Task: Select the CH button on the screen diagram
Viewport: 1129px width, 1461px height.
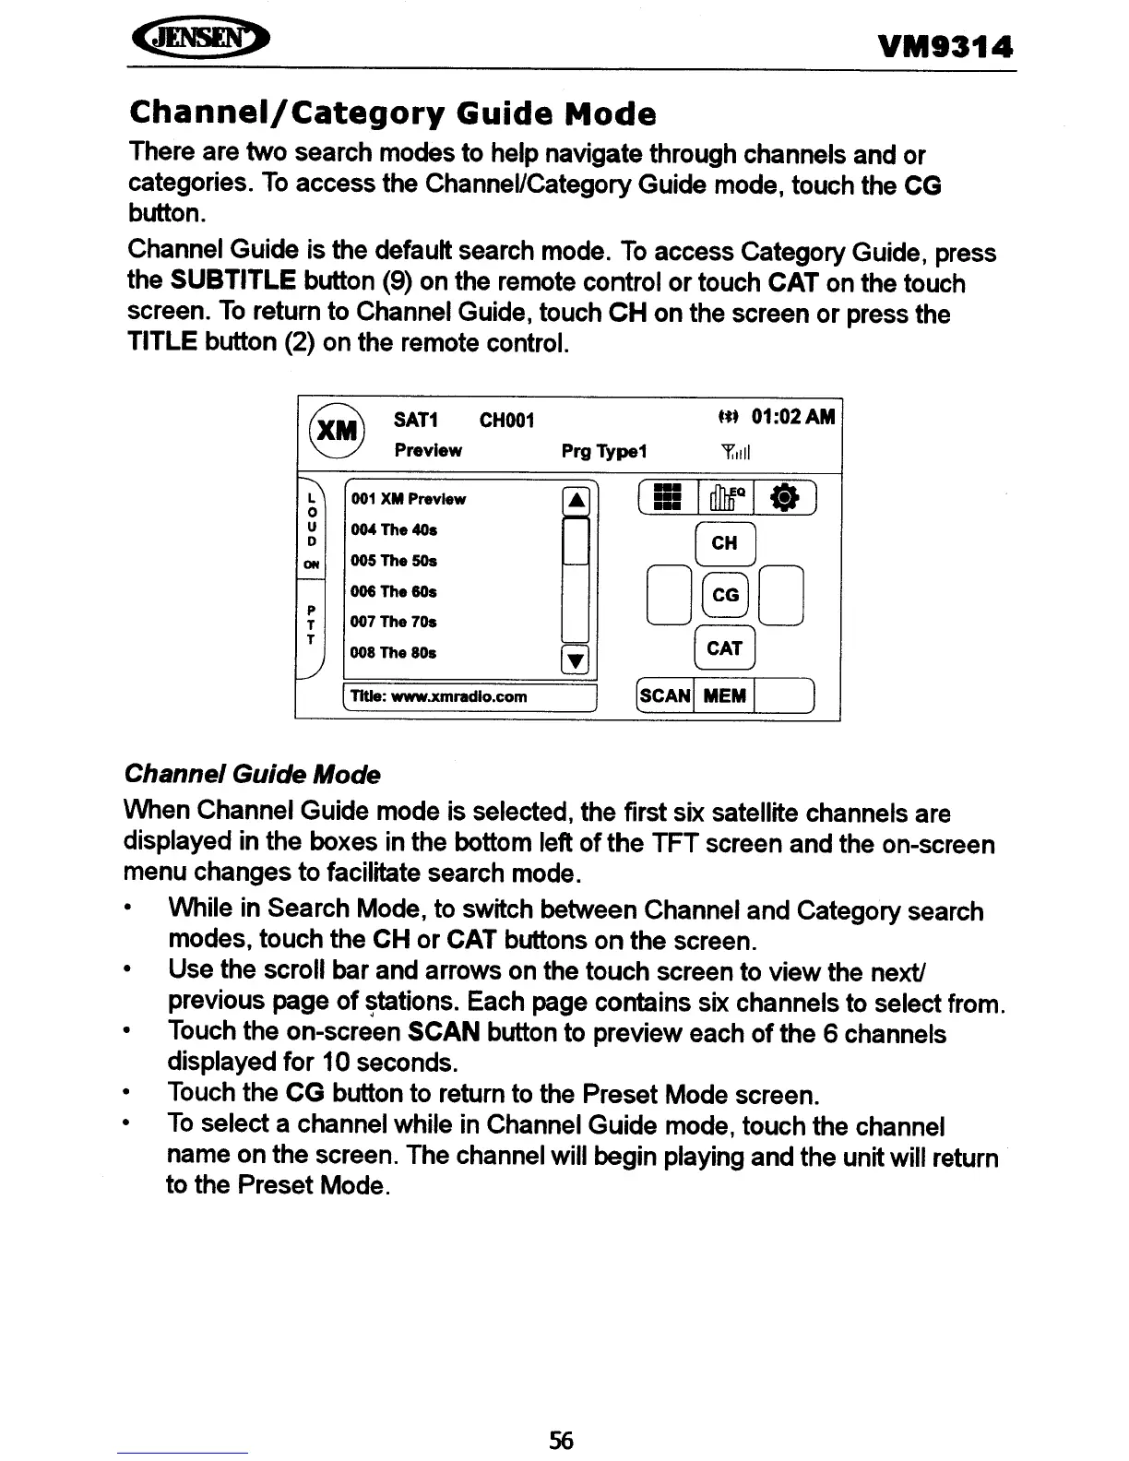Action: point(724,543)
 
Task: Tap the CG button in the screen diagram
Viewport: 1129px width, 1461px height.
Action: point(725,595)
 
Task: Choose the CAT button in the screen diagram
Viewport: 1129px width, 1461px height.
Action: point(724,648)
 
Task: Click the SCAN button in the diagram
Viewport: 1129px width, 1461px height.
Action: point(665,695)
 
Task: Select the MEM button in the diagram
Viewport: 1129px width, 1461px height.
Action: point(724,695)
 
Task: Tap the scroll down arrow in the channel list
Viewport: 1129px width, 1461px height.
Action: point(576,659)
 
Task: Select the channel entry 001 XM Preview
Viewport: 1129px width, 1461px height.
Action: point(409,499)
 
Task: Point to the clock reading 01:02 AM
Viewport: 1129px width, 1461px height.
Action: point(793,418)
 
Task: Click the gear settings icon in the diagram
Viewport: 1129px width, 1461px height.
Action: point(784,497)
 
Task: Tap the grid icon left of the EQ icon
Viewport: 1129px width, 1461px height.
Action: point(666,497)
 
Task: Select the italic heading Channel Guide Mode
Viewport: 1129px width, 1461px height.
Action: point(252,774)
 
